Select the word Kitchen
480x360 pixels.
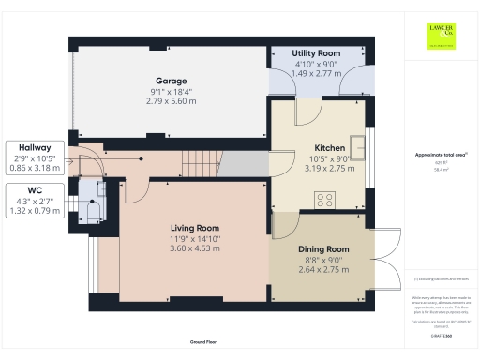[x=329, y=148]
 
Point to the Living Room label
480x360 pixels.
[x=194, y=228]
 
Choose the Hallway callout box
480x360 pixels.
[x=34, y=157]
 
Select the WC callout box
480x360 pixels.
[x=34, y=200]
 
